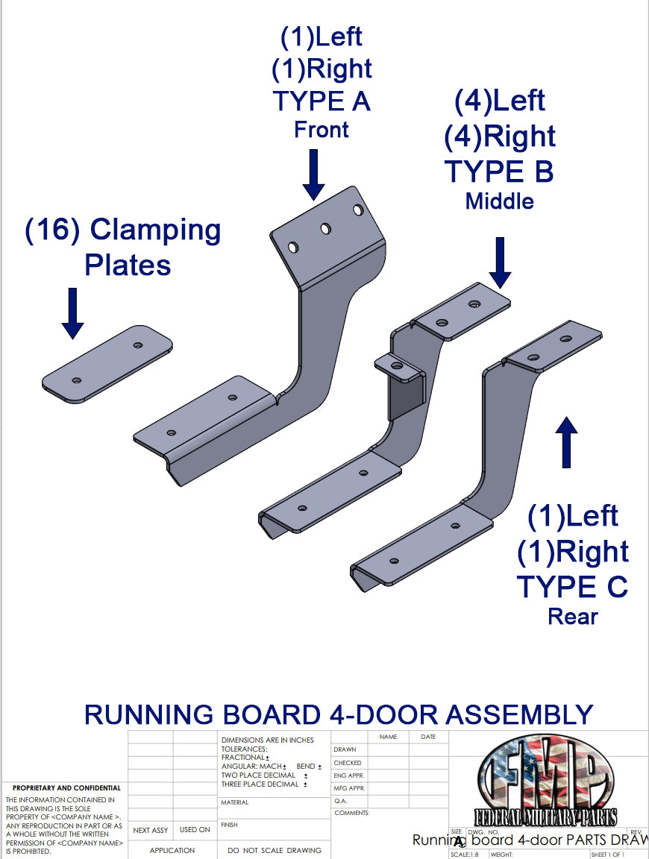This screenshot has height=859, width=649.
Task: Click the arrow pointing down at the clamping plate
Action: point(72,313)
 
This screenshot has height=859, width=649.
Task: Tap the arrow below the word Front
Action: point(313,174)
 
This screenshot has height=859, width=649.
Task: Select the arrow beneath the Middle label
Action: point(501,262)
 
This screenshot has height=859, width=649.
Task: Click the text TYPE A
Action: point(322,101)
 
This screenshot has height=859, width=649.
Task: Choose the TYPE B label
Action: point(499,172)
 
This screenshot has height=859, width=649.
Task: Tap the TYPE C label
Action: point(572,587)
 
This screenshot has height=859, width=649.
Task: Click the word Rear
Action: point(572,617)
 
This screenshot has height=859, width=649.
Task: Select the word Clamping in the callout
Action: point(155,230)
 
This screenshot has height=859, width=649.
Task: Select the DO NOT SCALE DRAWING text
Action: point(275,850)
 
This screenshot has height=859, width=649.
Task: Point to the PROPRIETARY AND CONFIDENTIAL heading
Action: point(66,788)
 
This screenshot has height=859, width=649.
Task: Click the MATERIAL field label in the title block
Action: point(234,803)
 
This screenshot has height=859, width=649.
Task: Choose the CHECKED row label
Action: point(348,763)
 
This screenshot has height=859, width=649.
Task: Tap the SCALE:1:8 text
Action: point(463,855)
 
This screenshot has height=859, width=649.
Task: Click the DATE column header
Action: point(428,737)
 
